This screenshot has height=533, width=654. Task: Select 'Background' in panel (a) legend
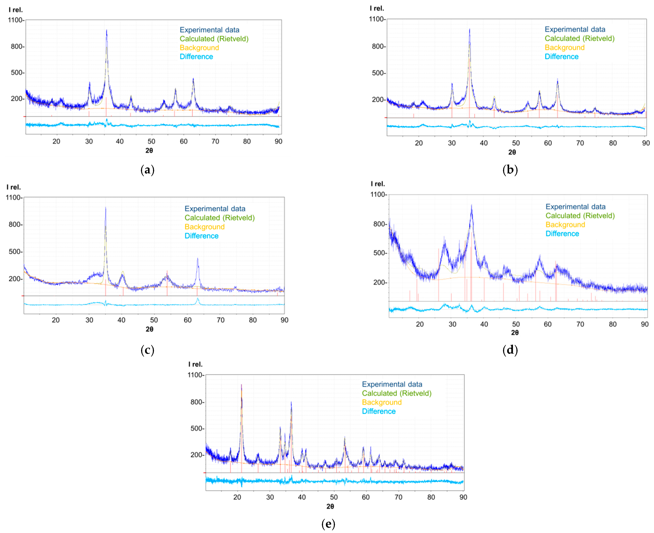(199, 48)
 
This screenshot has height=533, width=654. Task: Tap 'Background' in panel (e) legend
(382, 402)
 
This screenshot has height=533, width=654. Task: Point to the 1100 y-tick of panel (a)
(15, 20)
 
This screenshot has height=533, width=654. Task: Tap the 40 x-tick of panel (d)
(484, 324)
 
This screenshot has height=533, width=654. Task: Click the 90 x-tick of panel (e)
(463, 497)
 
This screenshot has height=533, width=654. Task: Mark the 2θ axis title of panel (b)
(512, 152)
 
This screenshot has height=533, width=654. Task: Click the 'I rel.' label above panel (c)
(13, 187)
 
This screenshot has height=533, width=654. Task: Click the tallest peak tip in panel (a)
(106, 30)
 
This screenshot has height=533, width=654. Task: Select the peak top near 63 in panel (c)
(197, 259)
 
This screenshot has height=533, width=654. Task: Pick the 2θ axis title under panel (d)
(515, 332)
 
